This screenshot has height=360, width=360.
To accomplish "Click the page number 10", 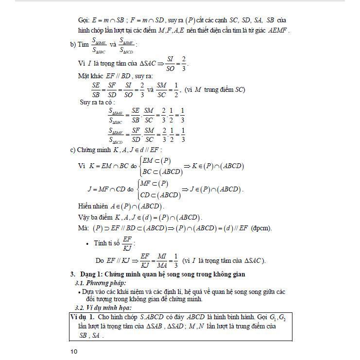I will tap(73, 351).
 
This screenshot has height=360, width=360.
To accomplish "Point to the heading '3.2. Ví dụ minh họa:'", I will tap(100, 308).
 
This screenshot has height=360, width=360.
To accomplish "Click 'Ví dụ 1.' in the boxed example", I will tap(83, 317).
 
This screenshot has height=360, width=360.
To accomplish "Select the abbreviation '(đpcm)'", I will tap(261, 228).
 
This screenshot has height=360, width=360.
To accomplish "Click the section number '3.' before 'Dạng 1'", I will tap(72, 274).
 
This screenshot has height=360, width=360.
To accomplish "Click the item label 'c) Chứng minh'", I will tap(92, 150).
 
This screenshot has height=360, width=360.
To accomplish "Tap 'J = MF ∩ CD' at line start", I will tap(106, 189).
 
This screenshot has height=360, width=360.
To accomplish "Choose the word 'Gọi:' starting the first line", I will tap(84, 20).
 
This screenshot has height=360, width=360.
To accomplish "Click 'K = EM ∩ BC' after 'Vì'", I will tap(108, 166).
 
